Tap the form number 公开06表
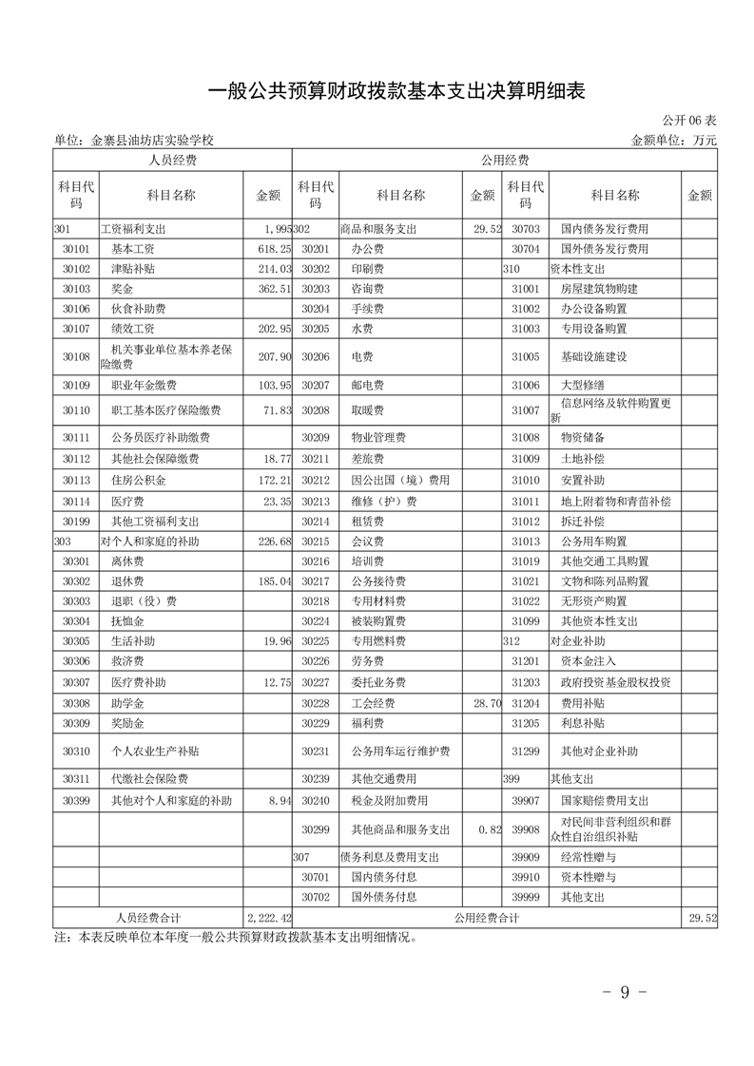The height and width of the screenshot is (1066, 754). click(x=689, y=121)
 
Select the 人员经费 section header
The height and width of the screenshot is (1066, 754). click(x=173, y=161)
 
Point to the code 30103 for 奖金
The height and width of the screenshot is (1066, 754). click(x=76, y=288)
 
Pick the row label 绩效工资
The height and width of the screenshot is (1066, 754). click(x=132, y=328)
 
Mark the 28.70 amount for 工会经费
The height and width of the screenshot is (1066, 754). click(x=486, y=703)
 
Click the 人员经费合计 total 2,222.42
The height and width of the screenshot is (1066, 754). click(x=267, y=918)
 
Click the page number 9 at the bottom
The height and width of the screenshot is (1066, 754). click(x=625, y=992)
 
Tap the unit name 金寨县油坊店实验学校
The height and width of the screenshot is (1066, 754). click(x=152, y=140)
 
